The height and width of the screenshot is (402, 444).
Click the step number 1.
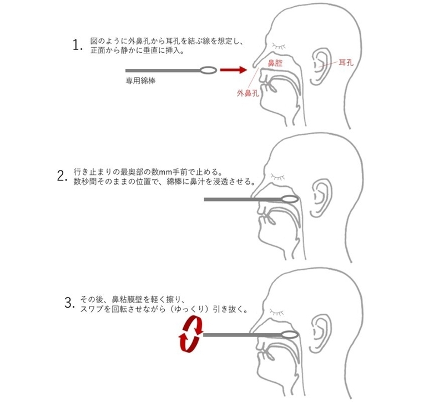click(77, 46)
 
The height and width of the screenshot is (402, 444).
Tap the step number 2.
click(62, 176)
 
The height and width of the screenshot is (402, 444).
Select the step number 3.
click(70, 303)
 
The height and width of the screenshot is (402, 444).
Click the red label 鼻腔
click(275, 63)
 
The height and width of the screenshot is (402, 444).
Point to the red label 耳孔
click(346, 63)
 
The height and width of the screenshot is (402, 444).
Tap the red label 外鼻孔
click(248, 93)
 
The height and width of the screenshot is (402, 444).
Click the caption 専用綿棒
click(140, 81)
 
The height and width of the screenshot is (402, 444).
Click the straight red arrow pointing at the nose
click(234, 70)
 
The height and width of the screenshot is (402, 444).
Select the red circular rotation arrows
click(191, 335)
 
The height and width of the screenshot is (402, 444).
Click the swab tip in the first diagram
click(209, 70)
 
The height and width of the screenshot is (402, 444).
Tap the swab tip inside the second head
click(290, 199)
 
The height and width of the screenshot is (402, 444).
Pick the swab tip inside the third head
click(290, 335)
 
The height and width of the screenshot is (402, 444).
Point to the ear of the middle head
click(322, 199)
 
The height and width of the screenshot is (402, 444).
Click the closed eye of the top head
click(279, 46)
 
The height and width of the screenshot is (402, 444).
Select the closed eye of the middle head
click(277, 177)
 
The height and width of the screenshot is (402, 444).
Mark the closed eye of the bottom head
click(277, 312)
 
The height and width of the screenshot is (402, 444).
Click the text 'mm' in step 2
click(164, 172)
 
